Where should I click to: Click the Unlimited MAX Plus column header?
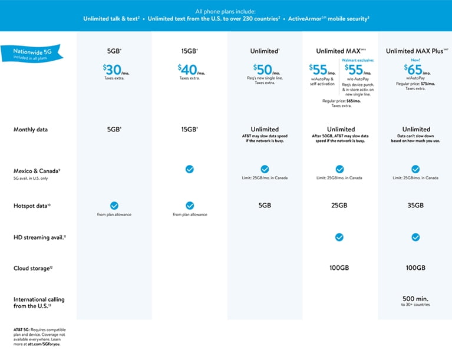[x=415, y=51]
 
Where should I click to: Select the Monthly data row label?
[x=31, y=130]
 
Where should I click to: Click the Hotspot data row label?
[x=32, y=206]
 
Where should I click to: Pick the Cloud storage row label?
[x=30, y=268]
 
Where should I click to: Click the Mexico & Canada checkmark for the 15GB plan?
[x=189, y=169]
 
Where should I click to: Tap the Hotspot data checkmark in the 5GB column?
[x=114, y=206]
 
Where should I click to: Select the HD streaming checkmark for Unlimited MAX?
[x=340, y=237]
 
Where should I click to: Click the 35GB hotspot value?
[x=415, y=206]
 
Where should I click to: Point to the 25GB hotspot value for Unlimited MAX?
[x=340, y=206]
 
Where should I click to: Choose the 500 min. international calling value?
[x=415, y=298]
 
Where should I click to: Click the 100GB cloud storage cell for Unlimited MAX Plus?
[x=415, y=268]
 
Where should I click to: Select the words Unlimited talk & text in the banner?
[x=111, y=19]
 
